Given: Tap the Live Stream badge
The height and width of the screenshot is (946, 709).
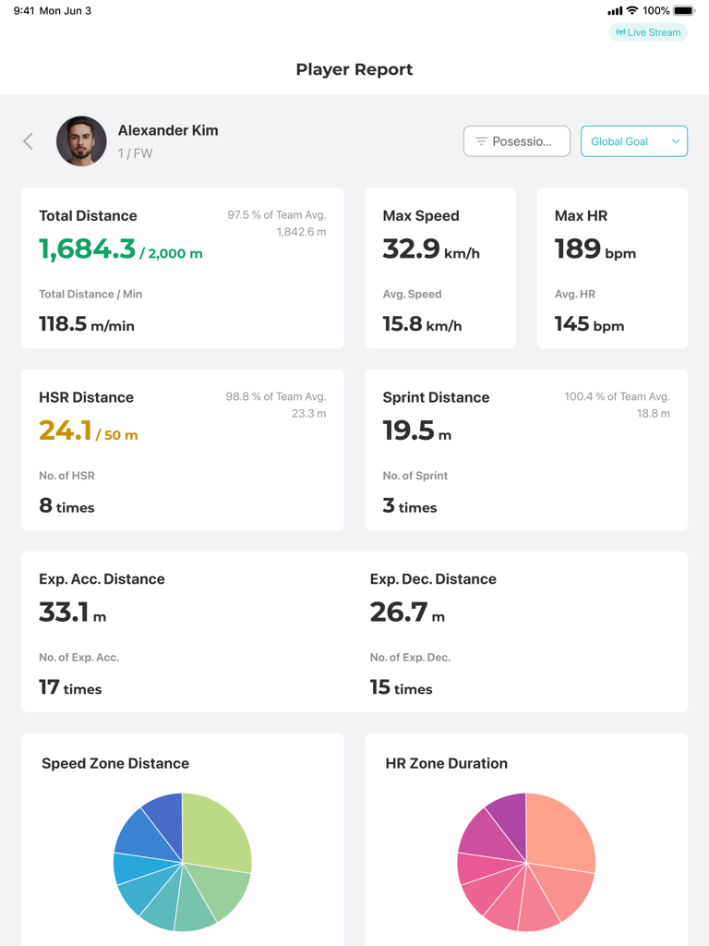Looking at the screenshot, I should (x=648, y=32).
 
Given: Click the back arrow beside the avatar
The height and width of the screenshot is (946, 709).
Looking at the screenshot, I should (x=29, y=141).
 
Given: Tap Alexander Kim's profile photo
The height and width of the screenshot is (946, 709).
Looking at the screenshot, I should (x=81, y=141).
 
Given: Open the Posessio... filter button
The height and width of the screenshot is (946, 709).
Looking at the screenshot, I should (x=516, y=141).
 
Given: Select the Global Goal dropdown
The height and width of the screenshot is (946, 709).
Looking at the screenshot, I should (x=633, y=141).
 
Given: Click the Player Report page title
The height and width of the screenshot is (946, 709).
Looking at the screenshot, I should (x=354, y=69).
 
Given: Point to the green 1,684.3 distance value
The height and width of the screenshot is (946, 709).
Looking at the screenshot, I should (x=87, y=249).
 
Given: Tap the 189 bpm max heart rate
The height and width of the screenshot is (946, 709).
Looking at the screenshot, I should (x=595, y=249).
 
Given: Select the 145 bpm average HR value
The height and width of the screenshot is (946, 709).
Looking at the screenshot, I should (x=589, y=324).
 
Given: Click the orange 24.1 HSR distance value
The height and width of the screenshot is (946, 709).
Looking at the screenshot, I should (x=65, y=431).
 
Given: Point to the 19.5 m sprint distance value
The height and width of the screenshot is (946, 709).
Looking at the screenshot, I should (x=416, y=431).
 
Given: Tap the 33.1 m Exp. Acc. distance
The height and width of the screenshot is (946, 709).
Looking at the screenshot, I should (x=72, y=612).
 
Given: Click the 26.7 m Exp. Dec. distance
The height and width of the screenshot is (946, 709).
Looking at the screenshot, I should (x=406, y=612).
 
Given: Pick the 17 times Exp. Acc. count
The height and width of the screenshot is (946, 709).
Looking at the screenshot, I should (x=70, y=687).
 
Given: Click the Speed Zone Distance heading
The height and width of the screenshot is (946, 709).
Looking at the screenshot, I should (x=115, y=763).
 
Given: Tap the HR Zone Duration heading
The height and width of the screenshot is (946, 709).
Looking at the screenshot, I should (x=446, y=763).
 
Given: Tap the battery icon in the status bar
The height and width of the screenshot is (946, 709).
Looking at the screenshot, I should (x=683, y=11).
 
